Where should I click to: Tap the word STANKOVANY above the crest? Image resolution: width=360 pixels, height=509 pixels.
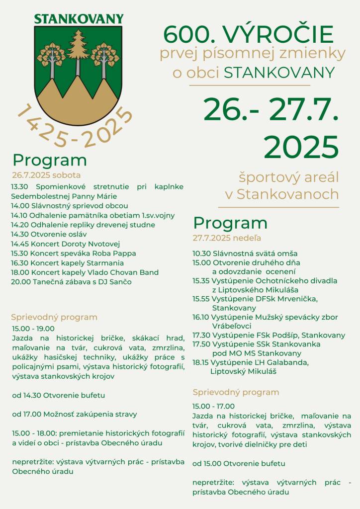(x=79, y=19)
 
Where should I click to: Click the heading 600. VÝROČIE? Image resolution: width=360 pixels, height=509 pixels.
(x=248, y=35)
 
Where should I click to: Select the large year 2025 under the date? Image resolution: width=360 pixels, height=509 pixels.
(x=301, y=147)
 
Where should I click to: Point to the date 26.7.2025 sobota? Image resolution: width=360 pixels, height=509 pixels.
(x=46, y=175)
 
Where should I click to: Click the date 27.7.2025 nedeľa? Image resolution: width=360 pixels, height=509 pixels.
(x=227, y=238)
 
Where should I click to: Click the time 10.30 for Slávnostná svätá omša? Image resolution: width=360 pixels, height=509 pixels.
(x=202, y=254)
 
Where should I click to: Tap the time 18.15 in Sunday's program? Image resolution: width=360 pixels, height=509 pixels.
(x=201, y=362)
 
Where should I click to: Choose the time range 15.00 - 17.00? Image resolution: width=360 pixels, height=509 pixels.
(x=214, y=406)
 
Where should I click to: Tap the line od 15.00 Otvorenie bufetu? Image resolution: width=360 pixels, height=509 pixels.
(x=239, y=463)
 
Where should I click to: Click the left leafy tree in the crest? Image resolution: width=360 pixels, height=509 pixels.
(x=51, y=56)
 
